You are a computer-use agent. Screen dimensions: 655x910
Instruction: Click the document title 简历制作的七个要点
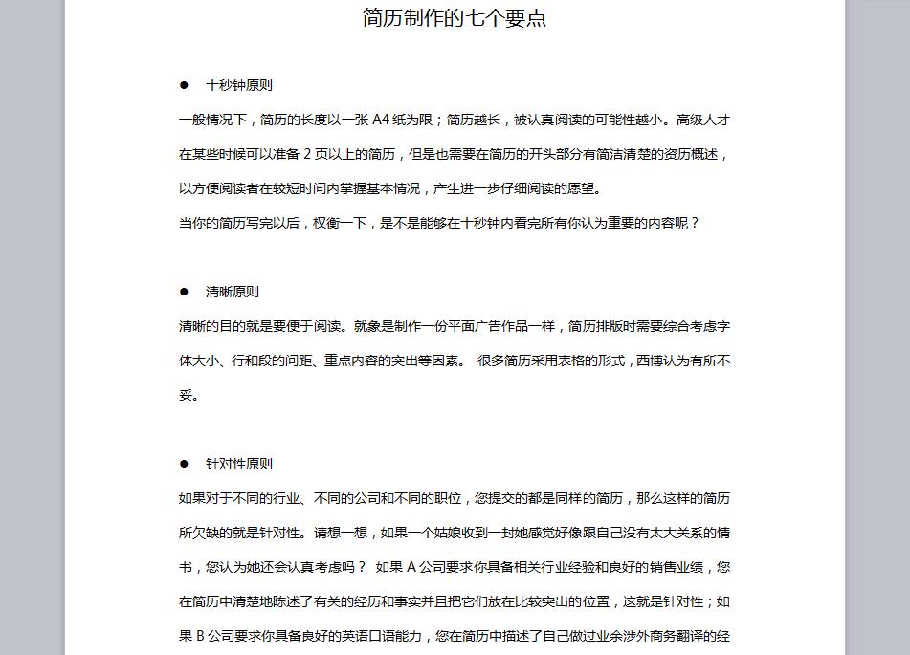455,18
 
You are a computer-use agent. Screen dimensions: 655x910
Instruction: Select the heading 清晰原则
232,292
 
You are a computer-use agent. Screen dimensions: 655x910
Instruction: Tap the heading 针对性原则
238,464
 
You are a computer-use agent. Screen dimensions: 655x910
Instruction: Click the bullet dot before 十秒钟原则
185,85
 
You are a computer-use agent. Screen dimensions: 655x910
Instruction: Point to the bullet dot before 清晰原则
185,292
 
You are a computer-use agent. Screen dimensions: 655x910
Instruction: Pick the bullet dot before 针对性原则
185,464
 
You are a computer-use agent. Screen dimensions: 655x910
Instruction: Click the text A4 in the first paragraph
381,120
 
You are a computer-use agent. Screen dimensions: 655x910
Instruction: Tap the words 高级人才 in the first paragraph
703,120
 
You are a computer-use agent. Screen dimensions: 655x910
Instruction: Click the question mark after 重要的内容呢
695,223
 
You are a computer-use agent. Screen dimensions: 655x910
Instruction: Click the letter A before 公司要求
411,567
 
